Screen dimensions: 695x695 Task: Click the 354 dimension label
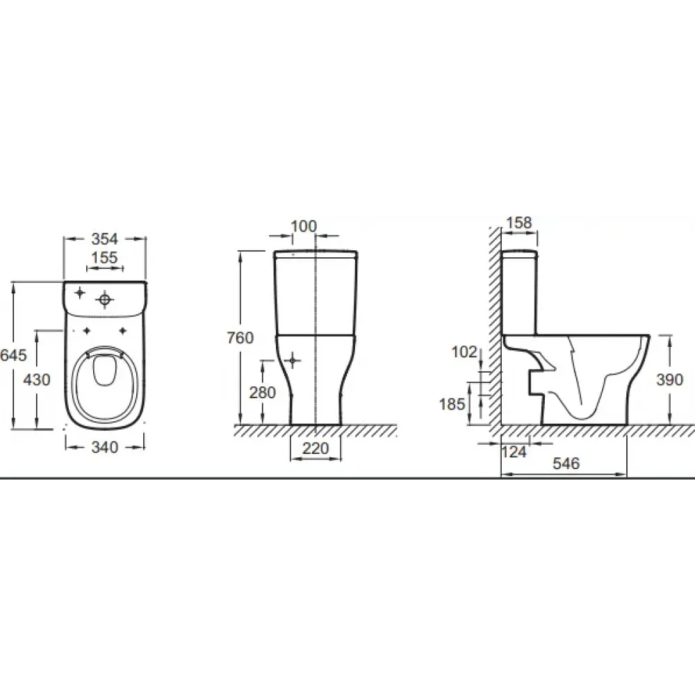[x=105, y=239]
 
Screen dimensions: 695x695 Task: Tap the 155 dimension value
[x=105, y=258]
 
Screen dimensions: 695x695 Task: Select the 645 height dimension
[x=13, y=354]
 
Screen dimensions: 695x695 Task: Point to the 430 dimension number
[x=36, y=379]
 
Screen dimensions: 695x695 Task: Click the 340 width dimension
[x=105, y=447]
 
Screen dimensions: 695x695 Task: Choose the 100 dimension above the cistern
[x=304, y=227]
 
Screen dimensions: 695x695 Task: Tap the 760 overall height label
[x=240, y=338]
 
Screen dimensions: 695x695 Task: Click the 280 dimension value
[x=263, y=392]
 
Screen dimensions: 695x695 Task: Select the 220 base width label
[x=316, y=448]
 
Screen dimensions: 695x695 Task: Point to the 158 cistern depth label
[x=519, y=222]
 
